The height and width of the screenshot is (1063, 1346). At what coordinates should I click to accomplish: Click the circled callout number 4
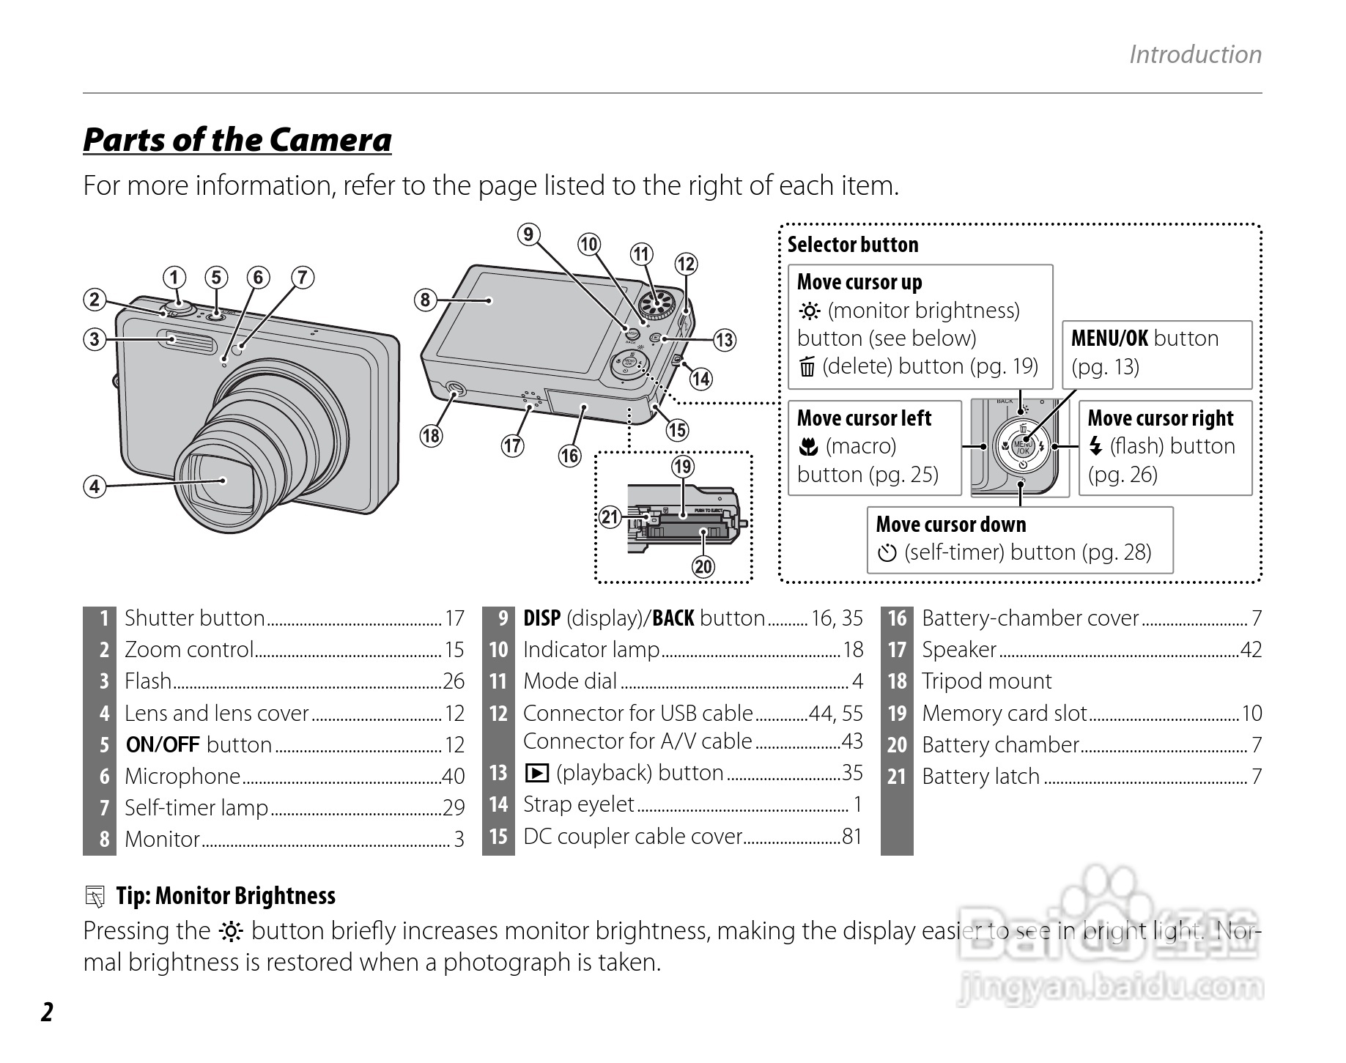[x=95, y=486]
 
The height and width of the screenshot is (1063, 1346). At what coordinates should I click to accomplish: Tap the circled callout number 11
[x=642, y=254]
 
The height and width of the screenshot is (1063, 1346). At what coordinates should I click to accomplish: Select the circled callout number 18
[x=431, y=436]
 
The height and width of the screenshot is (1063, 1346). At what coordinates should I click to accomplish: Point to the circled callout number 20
[x=703, y=566]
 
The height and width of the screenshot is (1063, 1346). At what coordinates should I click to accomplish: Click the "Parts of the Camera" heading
[x=237, y=139]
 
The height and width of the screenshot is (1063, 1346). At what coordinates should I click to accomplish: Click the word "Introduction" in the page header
[x=1195, y=54]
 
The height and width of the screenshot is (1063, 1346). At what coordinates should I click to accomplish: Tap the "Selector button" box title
[x=852, y=245]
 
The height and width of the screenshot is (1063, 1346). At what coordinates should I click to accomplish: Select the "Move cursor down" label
[x=950, y=525]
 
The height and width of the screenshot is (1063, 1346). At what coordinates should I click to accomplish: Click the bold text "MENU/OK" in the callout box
[x=1109, y=338]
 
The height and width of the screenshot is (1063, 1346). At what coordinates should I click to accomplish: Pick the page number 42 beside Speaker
[x=1251, y=650]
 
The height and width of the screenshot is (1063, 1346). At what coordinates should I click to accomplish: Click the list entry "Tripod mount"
[x=986, y=681]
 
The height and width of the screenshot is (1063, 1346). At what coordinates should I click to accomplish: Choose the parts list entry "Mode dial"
[x=570, y=681]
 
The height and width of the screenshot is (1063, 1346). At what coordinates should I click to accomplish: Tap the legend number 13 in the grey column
[x=498, y=773]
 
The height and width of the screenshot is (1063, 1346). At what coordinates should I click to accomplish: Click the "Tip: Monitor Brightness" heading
[x=225, y=895]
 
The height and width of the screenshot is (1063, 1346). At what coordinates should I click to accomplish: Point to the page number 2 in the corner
[x=47, y=1012]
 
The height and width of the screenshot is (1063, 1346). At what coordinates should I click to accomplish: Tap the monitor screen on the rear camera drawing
[x=528, y=322]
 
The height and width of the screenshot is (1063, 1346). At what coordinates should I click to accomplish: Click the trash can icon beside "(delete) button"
[x=807, y=366]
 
